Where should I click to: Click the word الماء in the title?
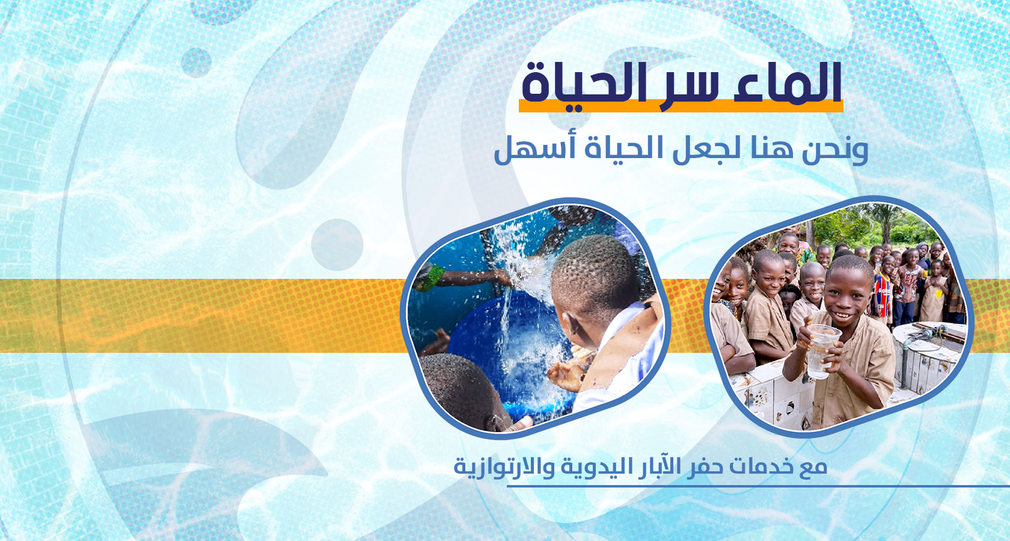788,83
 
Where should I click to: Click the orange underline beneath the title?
681,106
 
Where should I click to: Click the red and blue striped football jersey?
883,295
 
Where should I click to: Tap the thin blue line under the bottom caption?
758,486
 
